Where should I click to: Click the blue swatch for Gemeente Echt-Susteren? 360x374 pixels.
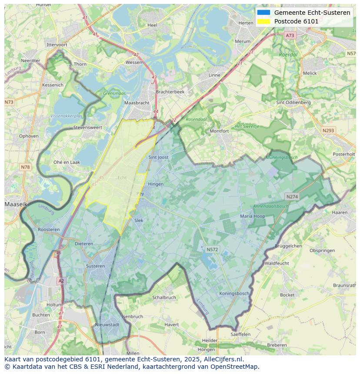(263, 13)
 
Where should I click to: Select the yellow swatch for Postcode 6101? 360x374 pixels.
(263, 21)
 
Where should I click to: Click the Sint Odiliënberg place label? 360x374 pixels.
(293, 103)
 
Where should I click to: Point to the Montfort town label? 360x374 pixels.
(219, 131)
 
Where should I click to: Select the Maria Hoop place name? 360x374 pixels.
(253, 216)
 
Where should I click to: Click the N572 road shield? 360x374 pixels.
(212, 249)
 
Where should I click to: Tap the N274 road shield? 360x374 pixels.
(292, 197)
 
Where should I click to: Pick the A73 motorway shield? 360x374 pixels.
(290, 36)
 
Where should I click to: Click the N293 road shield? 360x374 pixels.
(328, 130)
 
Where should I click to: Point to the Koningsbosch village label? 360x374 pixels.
(234, 293)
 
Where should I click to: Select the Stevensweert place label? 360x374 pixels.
(88, 128)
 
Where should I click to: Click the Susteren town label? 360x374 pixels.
(95, 266)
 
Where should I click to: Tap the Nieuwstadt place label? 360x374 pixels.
(107, 324)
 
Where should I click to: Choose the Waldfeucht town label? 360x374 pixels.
(277, 263)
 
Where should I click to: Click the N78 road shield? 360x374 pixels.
(25, 167)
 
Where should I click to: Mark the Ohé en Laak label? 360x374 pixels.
(67, 162)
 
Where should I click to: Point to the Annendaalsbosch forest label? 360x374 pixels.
(271, 206)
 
